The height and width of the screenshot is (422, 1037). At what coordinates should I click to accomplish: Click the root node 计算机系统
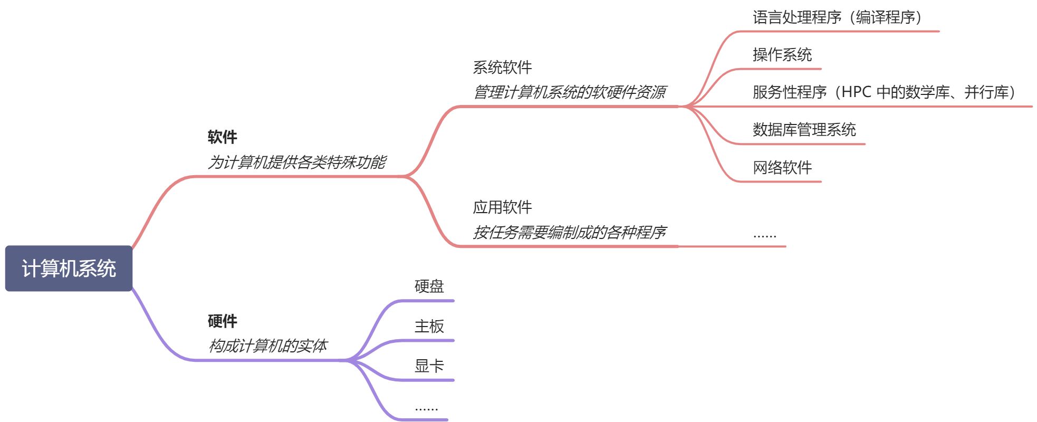pos(69,268)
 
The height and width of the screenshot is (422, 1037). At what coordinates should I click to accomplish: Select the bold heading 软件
pos(222,137)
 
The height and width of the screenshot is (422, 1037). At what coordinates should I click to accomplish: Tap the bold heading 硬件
pos(222,321)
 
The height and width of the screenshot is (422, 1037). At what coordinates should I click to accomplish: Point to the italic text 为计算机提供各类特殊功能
pos(297,162)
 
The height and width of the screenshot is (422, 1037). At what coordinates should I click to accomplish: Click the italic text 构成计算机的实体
pos(268,346)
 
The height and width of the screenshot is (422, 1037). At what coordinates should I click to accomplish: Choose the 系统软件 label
pos(502,68)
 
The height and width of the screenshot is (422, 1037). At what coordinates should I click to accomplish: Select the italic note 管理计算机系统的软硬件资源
pos(569,92)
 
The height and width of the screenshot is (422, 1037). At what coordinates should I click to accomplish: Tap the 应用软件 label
pos(502,207)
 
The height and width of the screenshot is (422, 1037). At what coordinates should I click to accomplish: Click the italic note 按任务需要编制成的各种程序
pos(569,232)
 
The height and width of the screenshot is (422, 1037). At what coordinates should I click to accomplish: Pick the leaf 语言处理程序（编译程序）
pos(837,17)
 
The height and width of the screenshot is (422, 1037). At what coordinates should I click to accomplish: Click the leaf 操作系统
pos(782,55)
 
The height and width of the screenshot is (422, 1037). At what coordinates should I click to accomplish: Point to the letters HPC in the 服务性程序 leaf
pos(856,92)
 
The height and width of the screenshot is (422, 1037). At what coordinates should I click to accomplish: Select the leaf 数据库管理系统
pos(804,130)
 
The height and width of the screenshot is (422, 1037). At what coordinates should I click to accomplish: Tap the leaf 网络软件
pos(782,168)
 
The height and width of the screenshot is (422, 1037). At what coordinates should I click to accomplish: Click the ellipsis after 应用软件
pos(764,235)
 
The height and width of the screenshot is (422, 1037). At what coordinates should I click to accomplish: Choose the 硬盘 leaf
pos(429,286)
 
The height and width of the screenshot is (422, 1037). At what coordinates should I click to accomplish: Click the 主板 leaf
pos(429,327)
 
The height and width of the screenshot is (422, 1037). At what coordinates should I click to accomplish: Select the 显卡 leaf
pos(429,366)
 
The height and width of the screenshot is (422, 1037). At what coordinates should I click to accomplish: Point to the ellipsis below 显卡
pos(426,408)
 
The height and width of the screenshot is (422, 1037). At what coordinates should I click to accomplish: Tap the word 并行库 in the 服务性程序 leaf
pos(986,92)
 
